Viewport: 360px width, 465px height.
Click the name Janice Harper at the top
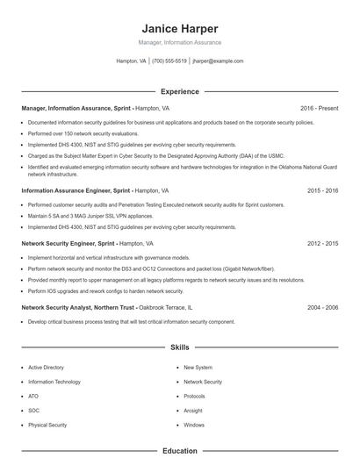tap(179, 29)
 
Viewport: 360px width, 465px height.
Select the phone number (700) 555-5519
tap(169, 61)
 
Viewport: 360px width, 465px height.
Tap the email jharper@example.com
tap(218, 61)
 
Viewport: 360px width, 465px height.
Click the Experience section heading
tap(179, 91)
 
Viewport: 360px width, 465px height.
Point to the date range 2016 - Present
tap(319, 108)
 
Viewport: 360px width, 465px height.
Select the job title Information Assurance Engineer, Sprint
tap(76, 190)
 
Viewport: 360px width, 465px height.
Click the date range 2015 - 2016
tap(323, 190)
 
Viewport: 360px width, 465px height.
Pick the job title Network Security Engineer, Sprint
tap(68, 243)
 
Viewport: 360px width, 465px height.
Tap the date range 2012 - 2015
tap(323, 243)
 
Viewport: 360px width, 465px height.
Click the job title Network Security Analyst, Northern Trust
tap(78, 308)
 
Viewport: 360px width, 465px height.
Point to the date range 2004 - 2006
tap(323, 308)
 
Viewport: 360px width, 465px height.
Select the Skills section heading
tap(179, 347)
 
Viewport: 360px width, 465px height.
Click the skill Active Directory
tap(46, 368)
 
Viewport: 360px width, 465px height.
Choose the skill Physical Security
tap(47, 425)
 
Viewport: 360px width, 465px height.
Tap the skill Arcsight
tap(193, 411)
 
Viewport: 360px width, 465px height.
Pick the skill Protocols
tap(194, 397)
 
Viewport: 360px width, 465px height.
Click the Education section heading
tap(179, 451)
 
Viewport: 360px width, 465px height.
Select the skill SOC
tap(33, 411)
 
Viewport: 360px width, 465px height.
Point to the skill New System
tap(198, 368)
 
